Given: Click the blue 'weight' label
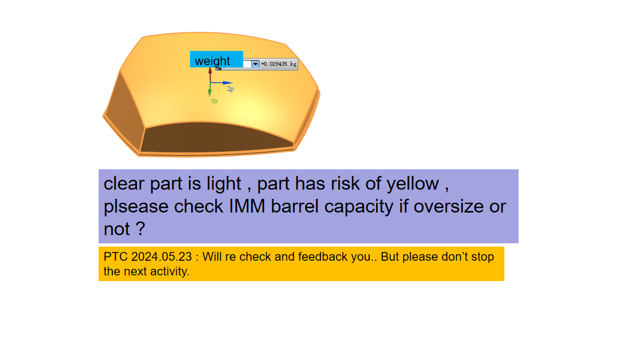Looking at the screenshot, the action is [x=216, y=59].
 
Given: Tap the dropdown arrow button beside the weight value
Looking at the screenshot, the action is [x=255, y=64].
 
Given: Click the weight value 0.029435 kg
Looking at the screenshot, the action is [x=279, y=64].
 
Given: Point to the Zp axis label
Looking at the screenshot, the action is [x=231, y=89].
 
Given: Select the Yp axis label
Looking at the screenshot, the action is [x=214, y=101].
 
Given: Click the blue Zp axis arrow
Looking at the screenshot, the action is [x=221, y=83].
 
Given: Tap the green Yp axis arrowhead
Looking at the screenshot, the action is [x=210, y=93].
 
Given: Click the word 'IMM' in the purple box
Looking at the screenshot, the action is [x=247, y=206].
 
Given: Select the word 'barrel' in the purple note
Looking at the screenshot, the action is [x=295, y=206].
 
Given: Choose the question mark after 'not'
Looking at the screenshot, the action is [x=140, y=229].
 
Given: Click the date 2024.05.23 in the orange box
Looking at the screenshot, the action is [x=162, y=256].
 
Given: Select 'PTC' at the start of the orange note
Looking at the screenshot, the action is [x=116, y=256].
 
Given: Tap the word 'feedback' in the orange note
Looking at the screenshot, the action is [x=324, y=256].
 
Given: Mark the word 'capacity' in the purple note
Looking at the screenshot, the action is [x=359, y=207].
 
